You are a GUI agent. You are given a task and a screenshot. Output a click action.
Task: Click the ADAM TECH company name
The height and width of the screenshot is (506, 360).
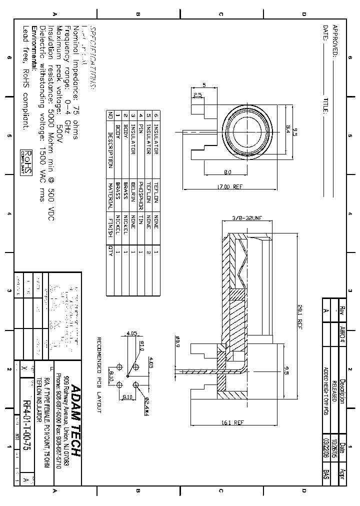(75, 420)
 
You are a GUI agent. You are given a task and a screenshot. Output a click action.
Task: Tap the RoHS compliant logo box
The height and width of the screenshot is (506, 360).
(26, 162)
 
